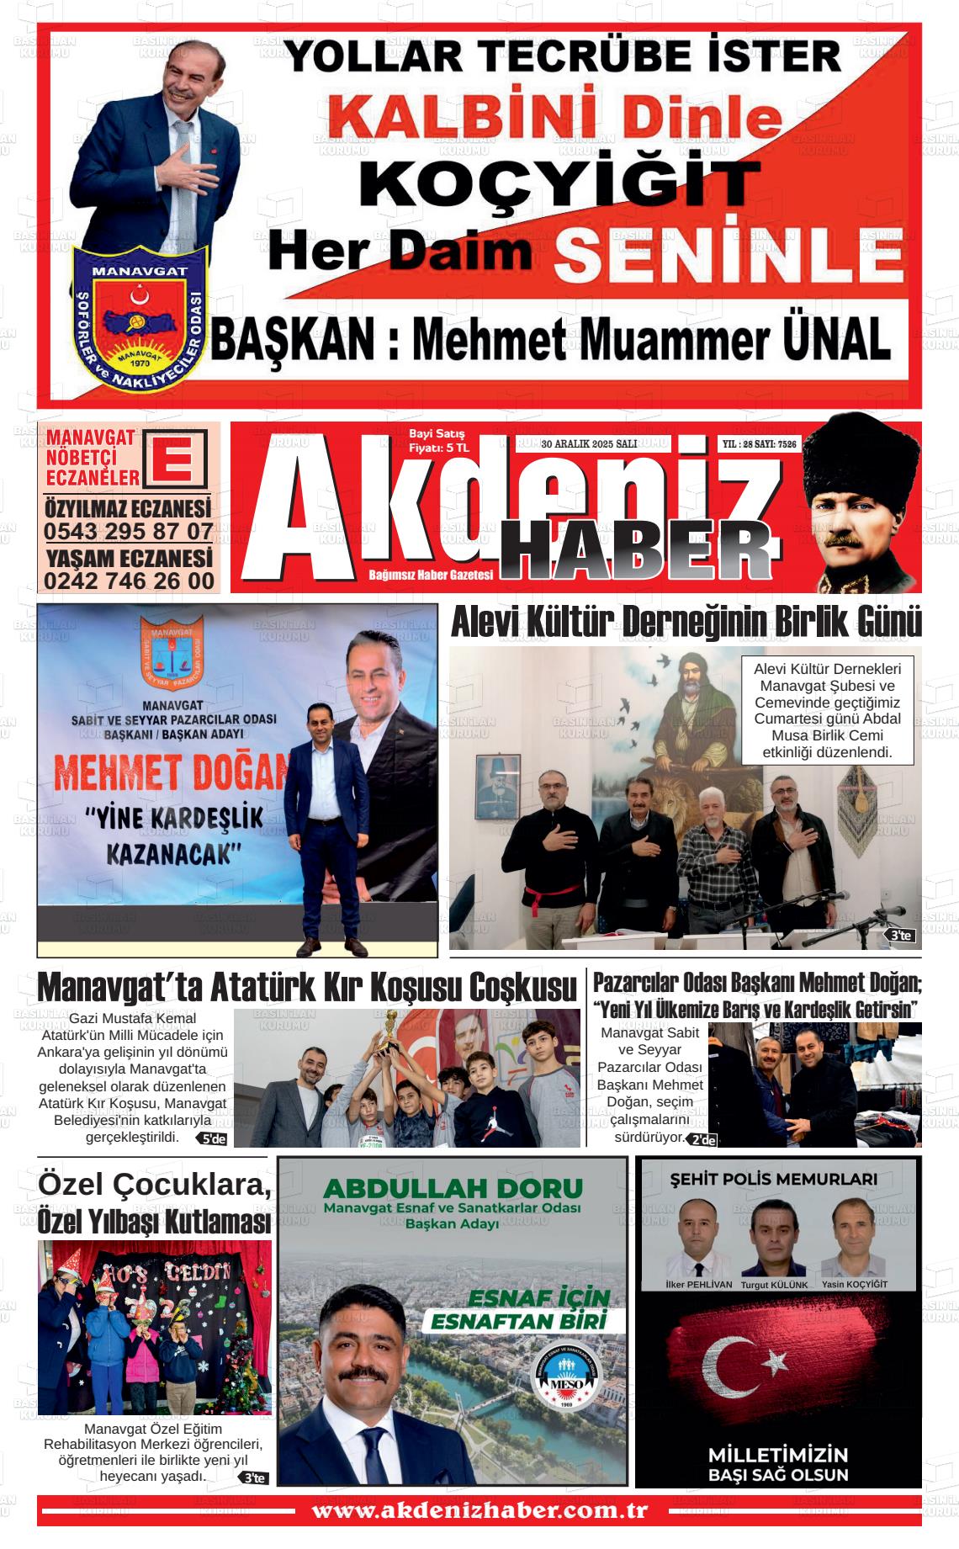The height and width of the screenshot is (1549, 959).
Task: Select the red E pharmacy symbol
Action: [176, 459]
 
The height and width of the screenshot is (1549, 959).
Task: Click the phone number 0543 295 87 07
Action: [129, 532]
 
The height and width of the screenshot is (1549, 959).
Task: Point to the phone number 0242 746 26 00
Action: [129, 581]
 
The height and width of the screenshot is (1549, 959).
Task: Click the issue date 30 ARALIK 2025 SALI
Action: [589, 443]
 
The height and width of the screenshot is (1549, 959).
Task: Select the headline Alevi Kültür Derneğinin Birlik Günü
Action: [686, 623]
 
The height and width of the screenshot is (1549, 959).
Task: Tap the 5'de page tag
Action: [211, 1139]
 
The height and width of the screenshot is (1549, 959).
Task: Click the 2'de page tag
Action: [702, 1140]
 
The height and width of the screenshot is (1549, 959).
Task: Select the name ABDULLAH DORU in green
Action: [453, 1189]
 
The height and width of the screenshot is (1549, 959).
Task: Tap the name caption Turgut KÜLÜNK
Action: [774, 1285]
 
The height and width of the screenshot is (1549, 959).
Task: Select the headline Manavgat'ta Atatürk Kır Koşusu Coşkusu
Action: [308, 987]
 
